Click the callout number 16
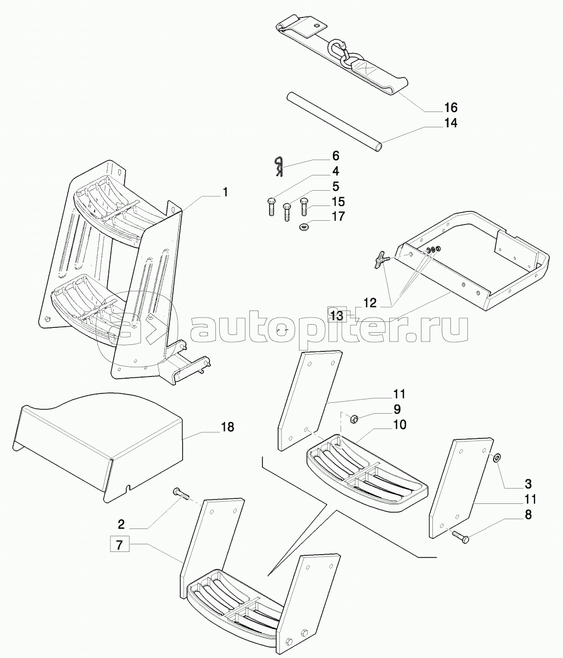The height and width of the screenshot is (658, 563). point(450,108)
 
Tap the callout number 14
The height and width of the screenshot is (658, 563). point(450,123)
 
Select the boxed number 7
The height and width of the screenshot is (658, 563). point(119,545)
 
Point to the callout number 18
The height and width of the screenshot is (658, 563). point(227,427)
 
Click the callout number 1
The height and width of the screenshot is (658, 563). point(225,192)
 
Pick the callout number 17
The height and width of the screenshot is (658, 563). point(338,216)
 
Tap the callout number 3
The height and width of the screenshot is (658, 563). point(528,484)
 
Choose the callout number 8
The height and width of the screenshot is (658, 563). point(528,515)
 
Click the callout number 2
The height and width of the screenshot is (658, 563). point(121,524)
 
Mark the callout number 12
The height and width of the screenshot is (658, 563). point(370,302)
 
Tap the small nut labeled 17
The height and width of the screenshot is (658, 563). point(303,227)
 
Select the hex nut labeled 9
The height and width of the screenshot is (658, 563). point(353,419)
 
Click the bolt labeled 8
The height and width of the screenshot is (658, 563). point(461,538)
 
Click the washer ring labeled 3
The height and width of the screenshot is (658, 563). point(496,458)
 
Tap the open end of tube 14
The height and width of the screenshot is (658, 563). point(378,148)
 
